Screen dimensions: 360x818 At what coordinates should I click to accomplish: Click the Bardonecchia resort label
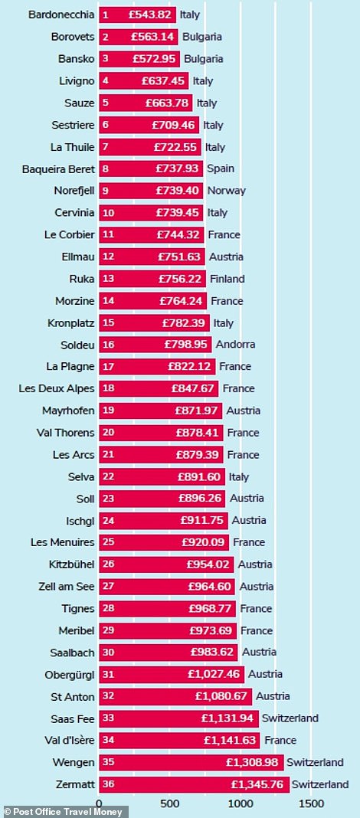coord(61,15)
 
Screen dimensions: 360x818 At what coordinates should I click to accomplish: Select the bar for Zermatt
coord(194,784)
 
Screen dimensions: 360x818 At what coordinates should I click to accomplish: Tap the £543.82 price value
coord(150,15)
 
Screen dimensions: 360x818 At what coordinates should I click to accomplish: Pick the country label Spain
coord(221,169)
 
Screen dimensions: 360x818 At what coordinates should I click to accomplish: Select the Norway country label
coord(227,191)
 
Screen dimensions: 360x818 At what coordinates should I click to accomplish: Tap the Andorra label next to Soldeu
coord(236,345)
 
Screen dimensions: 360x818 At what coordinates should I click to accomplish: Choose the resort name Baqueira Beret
coord(58,169)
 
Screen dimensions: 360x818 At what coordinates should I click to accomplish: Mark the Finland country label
coord(227,279)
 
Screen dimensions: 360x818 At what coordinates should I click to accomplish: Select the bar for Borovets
coord(139,37)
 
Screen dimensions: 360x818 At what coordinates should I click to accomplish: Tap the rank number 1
coord(106,15)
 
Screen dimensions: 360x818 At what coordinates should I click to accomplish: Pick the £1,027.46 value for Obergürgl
coord(215,674)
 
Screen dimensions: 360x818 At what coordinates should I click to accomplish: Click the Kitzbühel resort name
coord(73,564)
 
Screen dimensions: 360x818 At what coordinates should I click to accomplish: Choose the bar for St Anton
coord(175,696)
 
